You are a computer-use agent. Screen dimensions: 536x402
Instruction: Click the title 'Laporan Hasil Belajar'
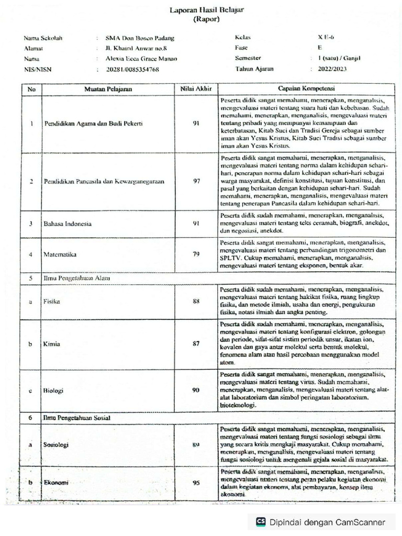coord(202,9)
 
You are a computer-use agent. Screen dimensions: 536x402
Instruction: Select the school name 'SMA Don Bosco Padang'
coord(140,38)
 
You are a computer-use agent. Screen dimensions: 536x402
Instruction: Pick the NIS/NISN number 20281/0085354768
coord(132,69)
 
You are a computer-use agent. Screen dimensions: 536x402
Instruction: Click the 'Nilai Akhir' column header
coord(195,89)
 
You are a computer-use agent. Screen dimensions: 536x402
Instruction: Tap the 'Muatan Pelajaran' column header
coord(108,89)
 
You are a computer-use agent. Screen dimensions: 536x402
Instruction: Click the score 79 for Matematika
coord(196,254)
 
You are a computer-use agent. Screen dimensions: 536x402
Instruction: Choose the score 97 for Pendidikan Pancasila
coord(196,181)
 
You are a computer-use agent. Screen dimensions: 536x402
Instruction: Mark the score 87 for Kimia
coord(196,344)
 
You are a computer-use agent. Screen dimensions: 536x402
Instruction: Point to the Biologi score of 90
coord(196,390)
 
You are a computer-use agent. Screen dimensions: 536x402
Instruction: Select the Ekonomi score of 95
coord(196,483)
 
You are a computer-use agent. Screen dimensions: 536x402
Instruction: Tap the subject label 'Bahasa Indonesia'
coord(68,224)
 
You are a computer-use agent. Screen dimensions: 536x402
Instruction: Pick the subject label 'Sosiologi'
coord(57,444)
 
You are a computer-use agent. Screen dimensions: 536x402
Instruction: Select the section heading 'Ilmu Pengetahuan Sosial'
coord(74,418)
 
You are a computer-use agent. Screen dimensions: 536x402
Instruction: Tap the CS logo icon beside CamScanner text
coord(261,522)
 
